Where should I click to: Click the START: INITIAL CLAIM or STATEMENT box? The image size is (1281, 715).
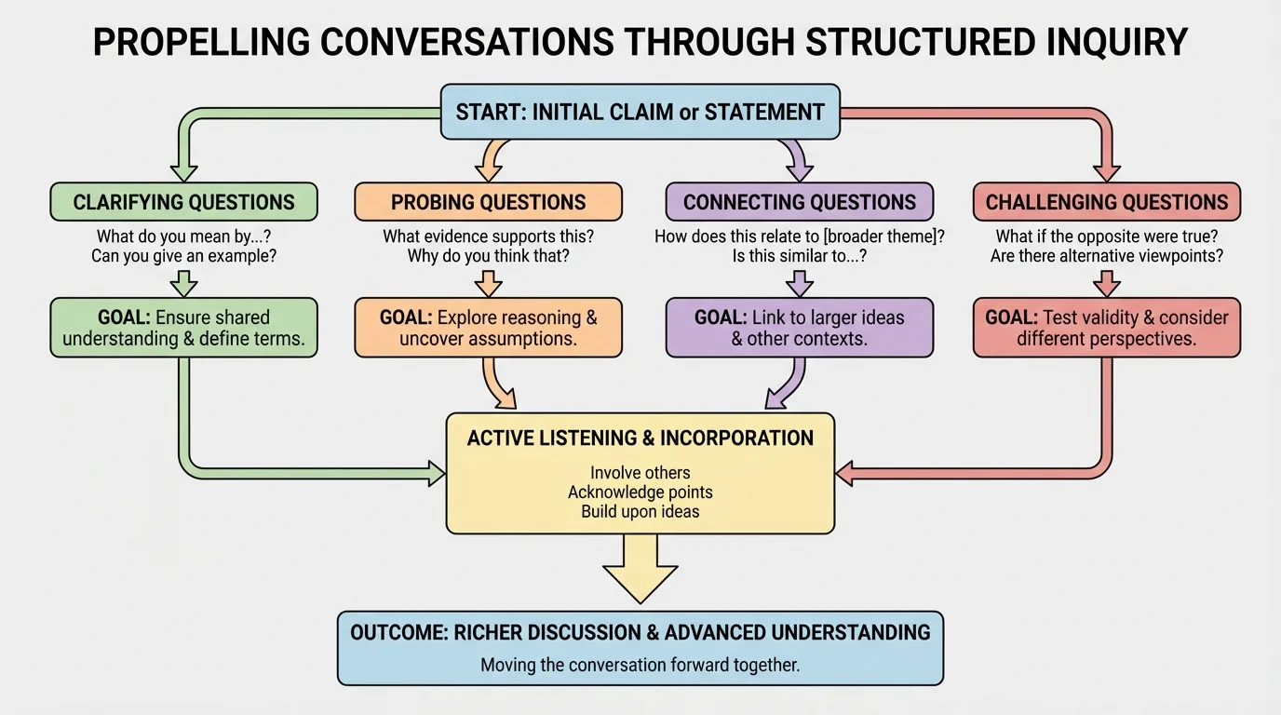(640, 113)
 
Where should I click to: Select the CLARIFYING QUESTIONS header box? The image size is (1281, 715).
(183, 202)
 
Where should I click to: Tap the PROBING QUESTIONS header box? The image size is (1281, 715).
(488, 202)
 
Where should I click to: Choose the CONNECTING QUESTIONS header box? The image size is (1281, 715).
(799, 202)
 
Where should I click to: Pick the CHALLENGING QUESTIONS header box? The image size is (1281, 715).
(1106, 202)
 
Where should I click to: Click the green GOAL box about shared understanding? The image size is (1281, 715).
(183, 328)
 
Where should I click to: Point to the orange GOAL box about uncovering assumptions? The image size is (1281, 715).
(488, 328)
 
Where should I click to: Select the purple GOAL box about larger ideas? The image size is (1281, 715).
(799, 328)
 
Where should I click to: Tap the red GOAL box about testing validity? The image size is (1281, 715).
(1106, 328)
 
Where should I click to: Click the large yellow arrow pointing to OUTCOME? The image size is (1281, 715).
(640, 569)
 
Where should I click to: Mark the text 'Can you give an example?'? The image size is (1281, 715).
(183, 256)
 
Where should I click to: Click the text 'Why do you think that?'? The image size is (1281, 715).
(488, 256)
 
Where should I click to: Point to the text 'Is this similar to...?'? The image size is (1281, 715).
(799, 256)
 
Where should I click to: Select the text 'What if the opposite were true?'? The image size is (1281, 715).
(1106, 236)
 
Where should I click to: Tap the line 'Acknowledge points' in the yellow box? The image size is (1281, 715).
(640, 492)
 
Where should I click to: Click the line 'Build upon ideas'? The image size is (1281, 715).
(640, 511)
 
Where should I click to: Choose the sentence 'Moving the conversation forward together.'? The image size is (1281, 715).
(640, 665)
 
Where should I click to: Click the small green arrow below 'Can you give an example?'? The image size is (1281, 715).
(183, 283)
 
